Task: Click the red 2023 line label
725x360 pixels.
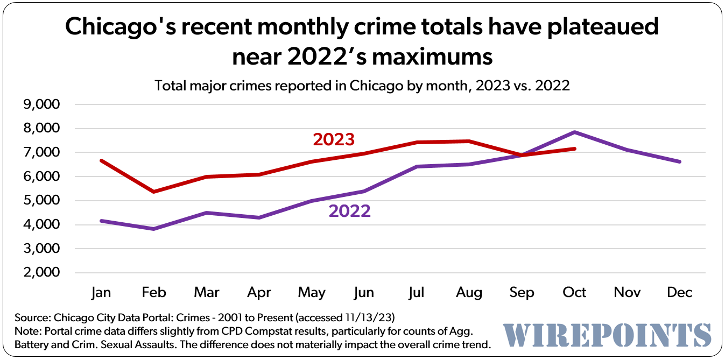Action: pyautogui.click(x=334, y=139)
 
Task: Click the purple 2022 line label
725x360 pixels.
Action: pyautogui.click(x=349, y=211)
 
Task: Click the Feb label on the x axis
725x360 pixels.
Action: pyautogui.click(x=154, y=292)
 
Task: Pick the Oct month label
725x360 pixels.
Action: pyautogui.click(x=574, y=292)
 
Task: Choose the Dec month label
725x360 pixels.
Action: pyautogui.click(x=679, y=292)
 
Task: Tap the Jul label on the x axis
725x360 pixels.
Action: pyautogui.click(x=417, y=292)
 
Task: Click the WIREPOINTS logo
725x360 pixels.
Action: pyautogui.click(x=607, y=335)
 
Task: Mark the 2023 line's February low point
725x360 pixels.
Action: pyautogui.click(x=154, y=192)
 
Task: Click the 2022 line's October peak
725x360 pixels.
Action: pyautogui.click(x=575, y=132)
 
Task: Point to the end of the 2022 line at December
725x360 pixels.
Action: pyautogui.click(x=680, y=161)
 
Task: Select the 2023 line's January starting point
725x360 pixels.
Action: pyautogui.click(x=102, y=160)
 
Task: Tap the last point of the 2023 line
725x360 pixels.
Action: pyautogui.click(x=575, y=149)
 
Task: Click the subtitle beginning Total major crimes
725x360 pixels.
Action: pyautogui.click(x=362, y=86)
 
